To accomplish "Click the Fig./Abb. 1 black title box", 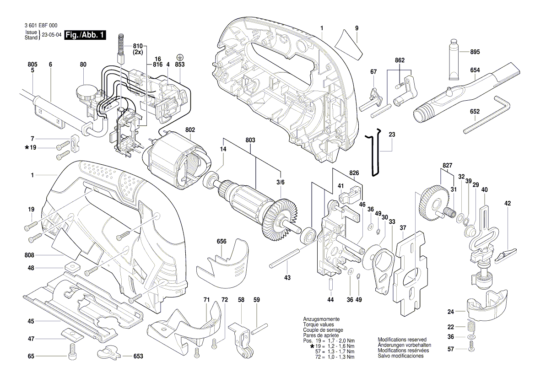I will pyautogui.click(x=85, y=35).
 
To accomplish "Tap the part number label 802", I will pyautogui.click(x=190, y=130).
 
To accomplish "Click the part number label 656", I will pyautogui.click(x=222, y=241).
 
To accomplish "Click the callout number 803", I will pyautogui.click(x=250, y=140).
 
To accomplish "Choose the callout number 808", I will pyautogui.click(x=31, y=255).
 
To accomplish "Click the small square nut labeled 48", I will pyautogui.click(x=71, y=267).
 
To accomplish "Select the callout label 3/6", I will pyautogui.click(x=280, y=183).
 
